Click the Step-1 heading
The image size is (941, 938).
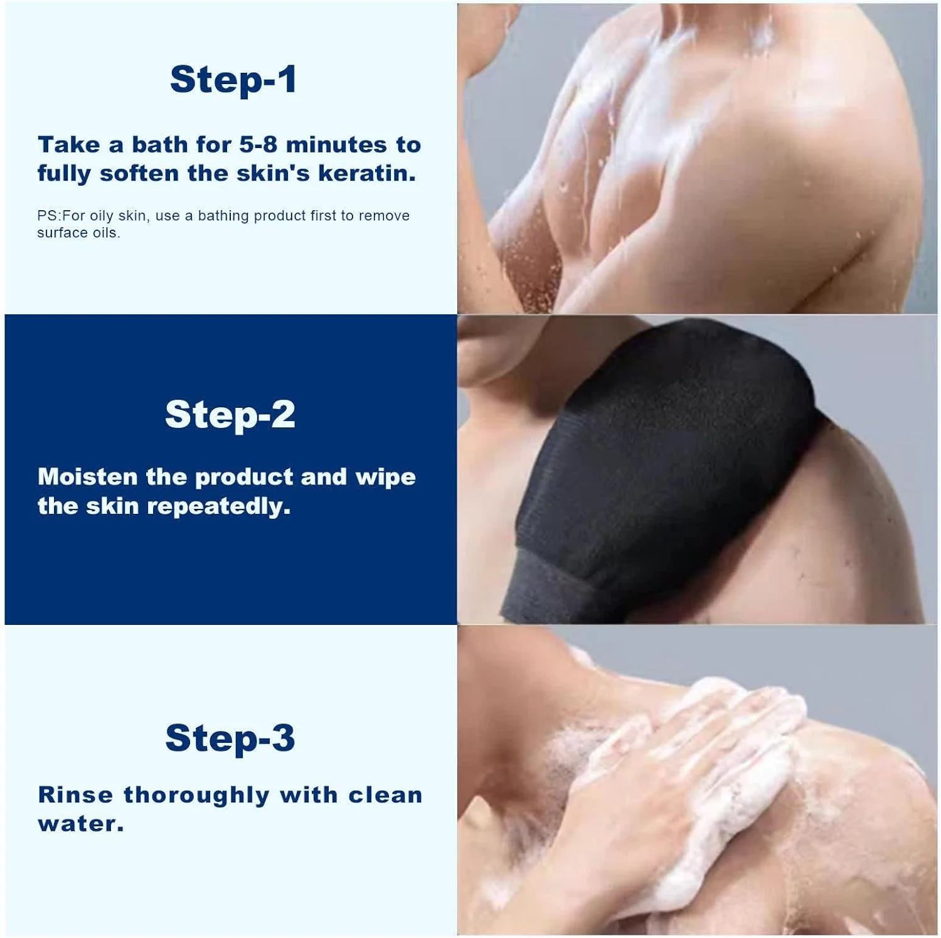click(233, 80)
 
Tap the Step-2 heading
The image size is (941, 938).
click(230, 415)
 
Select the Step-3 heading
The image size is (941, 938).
click(230, 738)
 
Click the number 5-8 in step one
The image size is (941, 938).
click(258, 145)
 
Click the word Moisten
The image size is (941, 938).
click(87, 477)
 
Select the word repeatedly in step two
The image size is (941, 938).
click(218, 506)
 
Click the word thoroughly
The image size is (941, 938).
click(196, 796)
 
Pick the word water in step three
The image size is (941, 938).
click(80, 824)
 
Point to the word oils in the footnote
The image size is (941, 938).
click(105, 233)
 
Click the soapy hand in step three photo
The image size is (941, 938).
click(678, 772)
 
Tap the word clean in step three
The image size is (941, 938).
click(385, 795)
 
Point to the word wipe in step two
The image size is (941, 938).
click(385, 477)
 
